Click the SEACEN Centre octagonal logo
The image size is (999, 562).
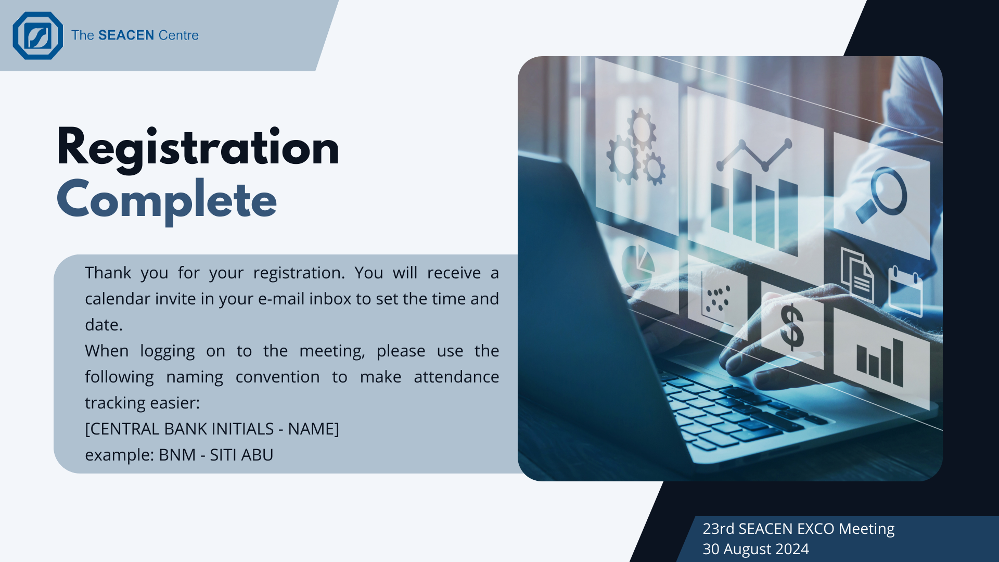pos(37,35)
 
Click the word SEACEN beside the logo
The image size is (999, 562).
pos(126,35)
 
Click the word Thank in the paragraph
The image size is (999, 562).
pos(108,273)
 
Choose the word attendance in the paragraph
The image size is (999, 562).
pos(456,377)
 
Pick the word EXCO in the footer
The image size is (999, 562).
pos(816,529)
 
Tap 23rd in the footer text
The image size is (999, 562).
pos(719,529)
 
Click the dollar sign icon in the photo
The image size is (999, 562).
pos(792,327)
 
